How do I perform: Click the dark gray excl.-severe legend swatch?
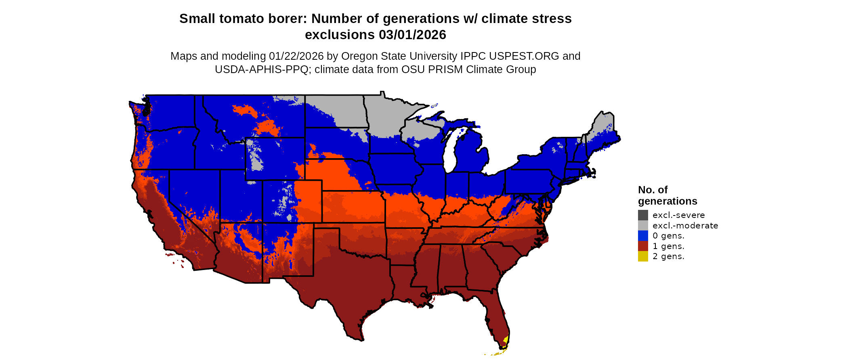click(643, 215)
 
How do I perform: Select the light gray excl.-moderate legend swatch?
click(643, 226)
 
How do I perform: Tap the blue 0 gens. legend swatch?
click(643, 236)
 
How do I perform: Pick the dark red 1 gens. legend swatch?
click(643, 246)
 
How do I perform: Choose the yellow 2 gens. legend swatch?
click(643, 256)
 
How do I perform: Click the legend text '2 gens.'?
click(668, 256)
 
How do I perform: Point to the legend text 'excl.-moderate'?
click(685, 226)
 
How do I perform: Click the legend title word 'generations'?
click(667, 201)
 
